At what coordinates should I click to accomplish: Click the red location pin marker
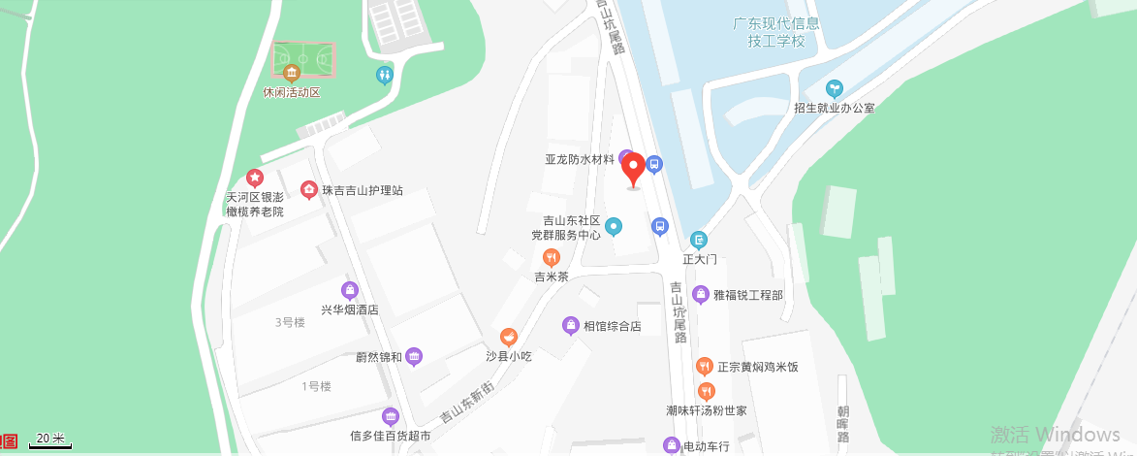pos(633,169)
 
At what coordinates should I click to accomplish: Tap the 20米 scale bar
pos(49,440)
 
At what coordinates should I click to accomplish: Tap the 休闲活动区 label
pos(291,92)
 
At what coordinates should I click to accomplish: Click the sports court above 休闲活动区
pos(302,57)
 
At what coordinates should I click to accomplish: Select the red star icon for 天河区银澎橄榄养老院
pos(254,178)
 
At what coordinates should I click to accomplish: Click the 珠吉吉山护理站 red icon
pos(309,189)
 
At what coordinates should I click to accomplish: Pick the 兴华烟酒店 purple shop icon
pos(350,289)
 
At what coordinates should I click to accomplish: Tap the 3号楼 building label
pos(290,322)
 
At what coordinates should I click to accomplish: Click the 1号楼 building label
pos(316,386)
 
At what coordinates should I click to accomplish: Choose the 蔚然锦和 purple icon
pos(414,356)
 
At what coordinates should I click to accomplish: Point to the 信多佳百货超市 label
pos(391,436)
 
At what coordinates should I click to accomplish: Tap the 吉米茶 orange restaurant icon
pos(552,257)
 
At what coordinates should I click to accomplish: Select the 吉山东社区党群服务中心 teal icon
pos(613,227)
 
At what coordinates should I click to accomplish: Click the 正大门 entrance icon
pos(699,240)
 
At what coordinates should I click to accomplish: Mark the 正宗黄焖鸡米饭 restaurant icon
pos(705,366)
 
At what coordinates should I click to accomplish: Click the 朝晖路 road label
pos(843,424)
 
